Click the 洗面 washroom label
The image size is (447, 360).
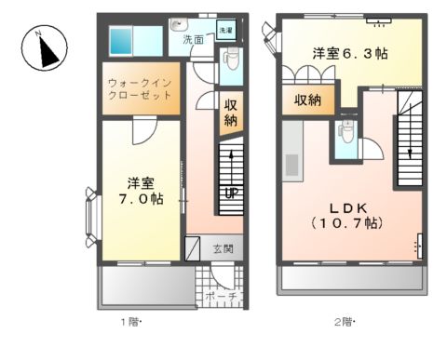pos(193,40)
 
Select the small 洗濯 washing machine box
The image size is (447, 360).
pos(226,30)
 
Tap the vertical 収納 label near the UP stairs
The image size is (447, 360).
pos(230,113)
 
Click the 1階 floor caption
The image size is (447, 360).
pos(130,322)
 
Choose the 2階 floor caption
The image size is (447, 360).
pos(344,322)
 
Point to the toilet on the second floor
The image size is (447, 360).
pos(345,133)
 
